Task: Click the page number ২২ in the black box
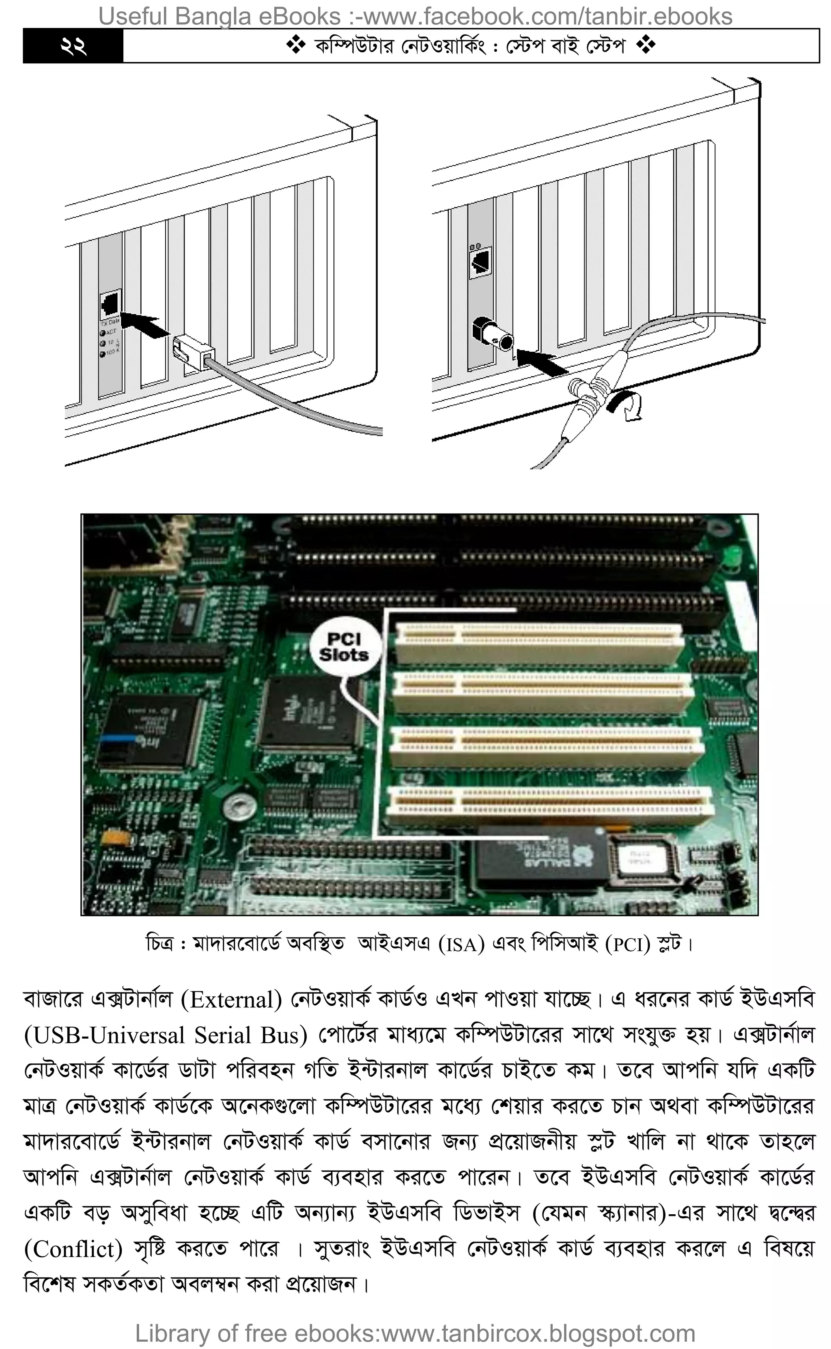point(73,47)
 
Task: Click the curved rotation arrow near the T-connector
point(626,406)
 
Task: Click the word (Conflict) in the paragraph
point(73,1250)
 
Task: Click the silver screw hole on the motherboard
point(240,808)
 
